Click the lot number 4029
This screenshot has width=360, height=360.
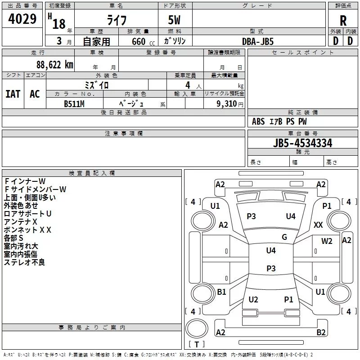tap(22, 20)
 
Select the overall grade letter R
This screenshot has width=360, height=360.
tap(343, 20)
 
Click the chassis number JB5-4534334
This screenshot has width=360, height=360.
tap(303, 143)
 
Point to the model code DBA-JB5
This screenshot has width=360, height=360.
tap(258, 41)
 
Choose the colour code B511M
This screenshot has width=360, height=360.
tap(74, 103)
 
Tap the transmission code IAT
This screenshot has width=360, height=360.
tap(13, 94)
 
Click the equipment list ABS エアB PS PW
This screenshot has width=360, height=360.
tap(279, 121)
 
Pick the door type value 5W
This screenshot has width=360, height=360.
tap(175, 20)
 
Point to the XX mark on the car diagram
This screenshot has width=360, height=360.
tap(318, 225)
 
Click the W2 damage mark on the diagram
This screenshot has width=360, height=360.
tap(327, 241)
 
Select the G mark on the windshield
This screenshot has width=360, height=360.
tap(284, 237)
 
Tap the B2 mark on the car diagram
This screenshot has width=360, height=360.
tap(321, 332)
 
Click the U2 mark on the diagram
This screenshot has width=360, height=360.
tap(253, 300)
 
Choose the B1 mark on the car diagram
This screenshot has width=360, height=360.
tap(221, 292)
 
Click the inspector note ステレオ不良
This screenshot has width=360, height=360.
tap(24, 262)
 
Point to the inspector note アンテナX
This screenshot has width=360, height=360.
tap(20, 222)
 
